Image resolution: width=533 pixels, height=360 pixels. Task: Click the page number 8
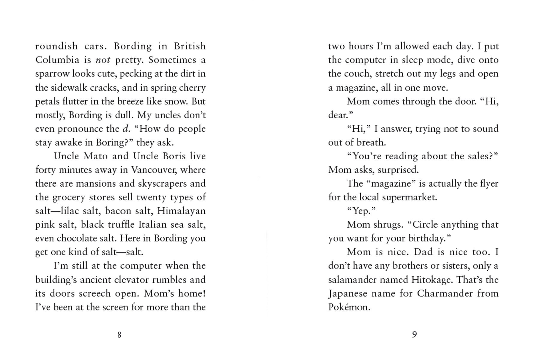coord(119,335)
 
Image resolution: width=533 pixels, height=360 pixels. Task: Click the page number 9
coord(414,334)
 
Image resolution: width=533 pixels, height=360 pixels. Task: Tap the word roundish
coord(56,46)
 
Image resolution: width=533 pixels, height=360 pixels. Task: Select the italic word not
coord(103,60)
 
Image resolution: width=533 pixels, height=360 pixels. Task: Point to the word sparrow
coord(52,74)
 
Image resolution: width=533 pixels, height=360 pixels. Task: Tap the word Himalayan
coord(181,211)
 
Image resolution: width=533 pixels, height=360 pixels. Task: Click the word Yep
coord(361,211)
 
